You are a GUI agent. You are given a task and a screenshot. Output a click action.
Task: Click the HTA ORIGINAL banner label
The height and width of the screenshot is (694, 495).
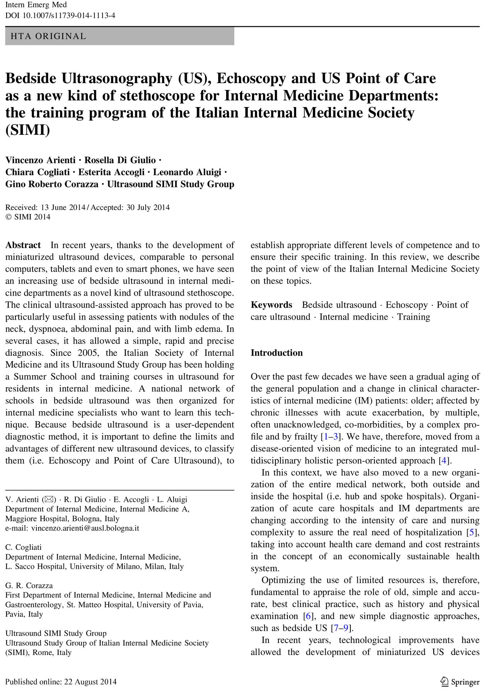pos(48,36)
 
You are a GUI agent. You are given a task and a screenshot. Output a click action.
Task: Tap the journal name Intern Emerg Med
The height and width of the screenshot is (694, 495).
pos(36,5)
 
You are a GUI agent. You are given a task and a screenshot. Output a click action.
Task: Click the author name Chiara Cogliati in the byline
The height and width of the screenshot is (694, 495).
pos(38,172)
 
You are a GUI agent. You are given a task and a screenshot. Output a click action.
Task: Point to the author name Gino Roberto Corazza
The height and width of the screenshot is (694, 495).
pos(52,184)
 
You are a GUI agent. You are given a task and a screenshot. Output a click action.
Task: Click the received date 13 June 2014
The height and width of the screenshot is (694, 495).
pos(62,208)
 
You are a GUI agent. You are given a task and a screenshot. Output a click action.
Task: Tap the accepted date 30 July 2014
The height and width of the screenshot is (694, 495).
pos(148,208)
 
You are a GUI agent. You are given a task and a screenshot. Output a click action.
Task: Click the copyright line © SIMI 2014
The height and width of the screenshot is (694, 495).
pos(28,217)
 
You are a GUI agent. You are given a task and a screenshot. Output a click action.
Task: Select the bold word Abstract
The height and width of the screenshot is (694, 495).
pos(23,245)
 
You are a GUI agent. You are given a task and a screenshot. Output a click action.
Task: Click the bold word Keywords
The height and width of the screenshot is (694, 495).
pos(271,305)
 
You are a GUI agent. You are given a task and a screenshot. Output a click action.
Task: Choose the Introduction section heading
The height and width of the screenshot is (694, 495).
pos(277,353)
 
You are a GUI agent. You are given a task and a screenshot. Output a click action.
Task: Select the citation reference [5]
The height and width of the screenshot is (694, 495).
pos(471,532)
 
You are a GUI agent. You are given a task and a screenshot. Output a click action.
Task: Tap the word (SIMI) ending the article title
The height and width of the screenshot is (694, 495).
pos(28,130)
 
